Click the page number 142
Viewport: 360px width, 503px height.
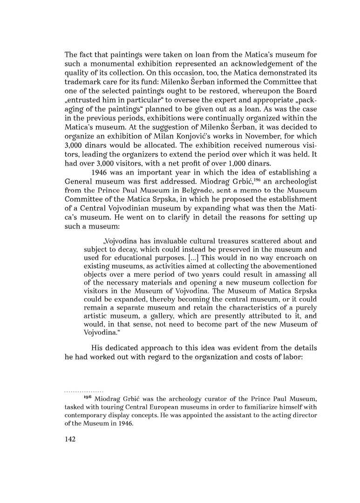[71, 439]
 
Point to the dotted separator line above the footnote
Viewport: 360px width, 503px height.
[84, 391]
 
